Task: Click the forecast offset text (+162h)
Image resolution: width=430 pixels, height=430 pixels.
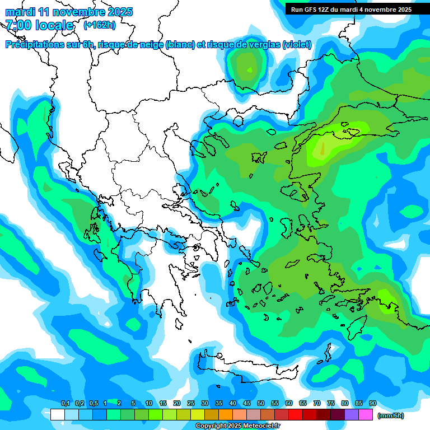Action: pos(100,25)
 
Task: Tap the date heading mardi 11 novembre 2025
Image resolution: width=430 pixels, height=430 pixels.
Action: pos(69,12)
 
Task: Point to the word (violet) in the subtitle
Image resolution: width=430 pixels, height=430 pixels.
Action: pos(297,45)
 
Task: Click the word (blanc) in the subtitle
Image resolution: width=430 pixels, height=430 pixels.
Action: pos(180,45)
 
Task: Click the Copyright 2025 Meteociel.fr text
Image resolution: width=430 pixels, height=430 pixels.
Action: pos(237,426)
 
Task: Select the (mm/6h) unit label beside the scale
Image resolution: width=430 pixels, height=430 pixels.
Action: pos(390,415)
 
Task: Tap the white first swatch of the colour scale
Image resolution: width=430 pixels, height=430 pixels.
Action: pos(57,415)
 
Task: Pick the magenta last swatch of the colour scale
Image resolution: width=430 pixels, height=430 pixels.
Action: pos(366,415)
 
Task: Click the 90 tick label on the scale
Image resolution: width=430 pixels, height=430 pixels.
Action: pos(372,404)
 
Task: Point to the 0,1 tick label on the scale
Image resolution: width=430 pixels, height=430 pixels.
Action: pos(65,404)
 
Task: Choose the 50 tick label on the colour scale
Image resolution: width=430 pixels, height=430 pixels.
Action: pos(261,404)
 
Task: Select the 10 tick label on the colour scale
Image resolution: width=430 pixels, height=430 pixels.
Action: pos(149,404)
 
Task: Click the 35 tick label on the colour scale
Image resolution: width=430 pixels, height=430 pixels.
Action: pos(219,404)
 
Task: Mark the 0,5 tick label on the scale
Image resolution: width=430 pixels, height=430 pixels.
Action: pos(93,404)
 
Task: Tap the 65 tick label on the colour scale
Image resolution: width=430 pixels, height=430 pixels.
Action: pos(303,404)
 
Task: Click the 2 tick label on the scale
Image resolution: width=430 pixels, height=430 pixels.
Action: pos(119,404)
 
